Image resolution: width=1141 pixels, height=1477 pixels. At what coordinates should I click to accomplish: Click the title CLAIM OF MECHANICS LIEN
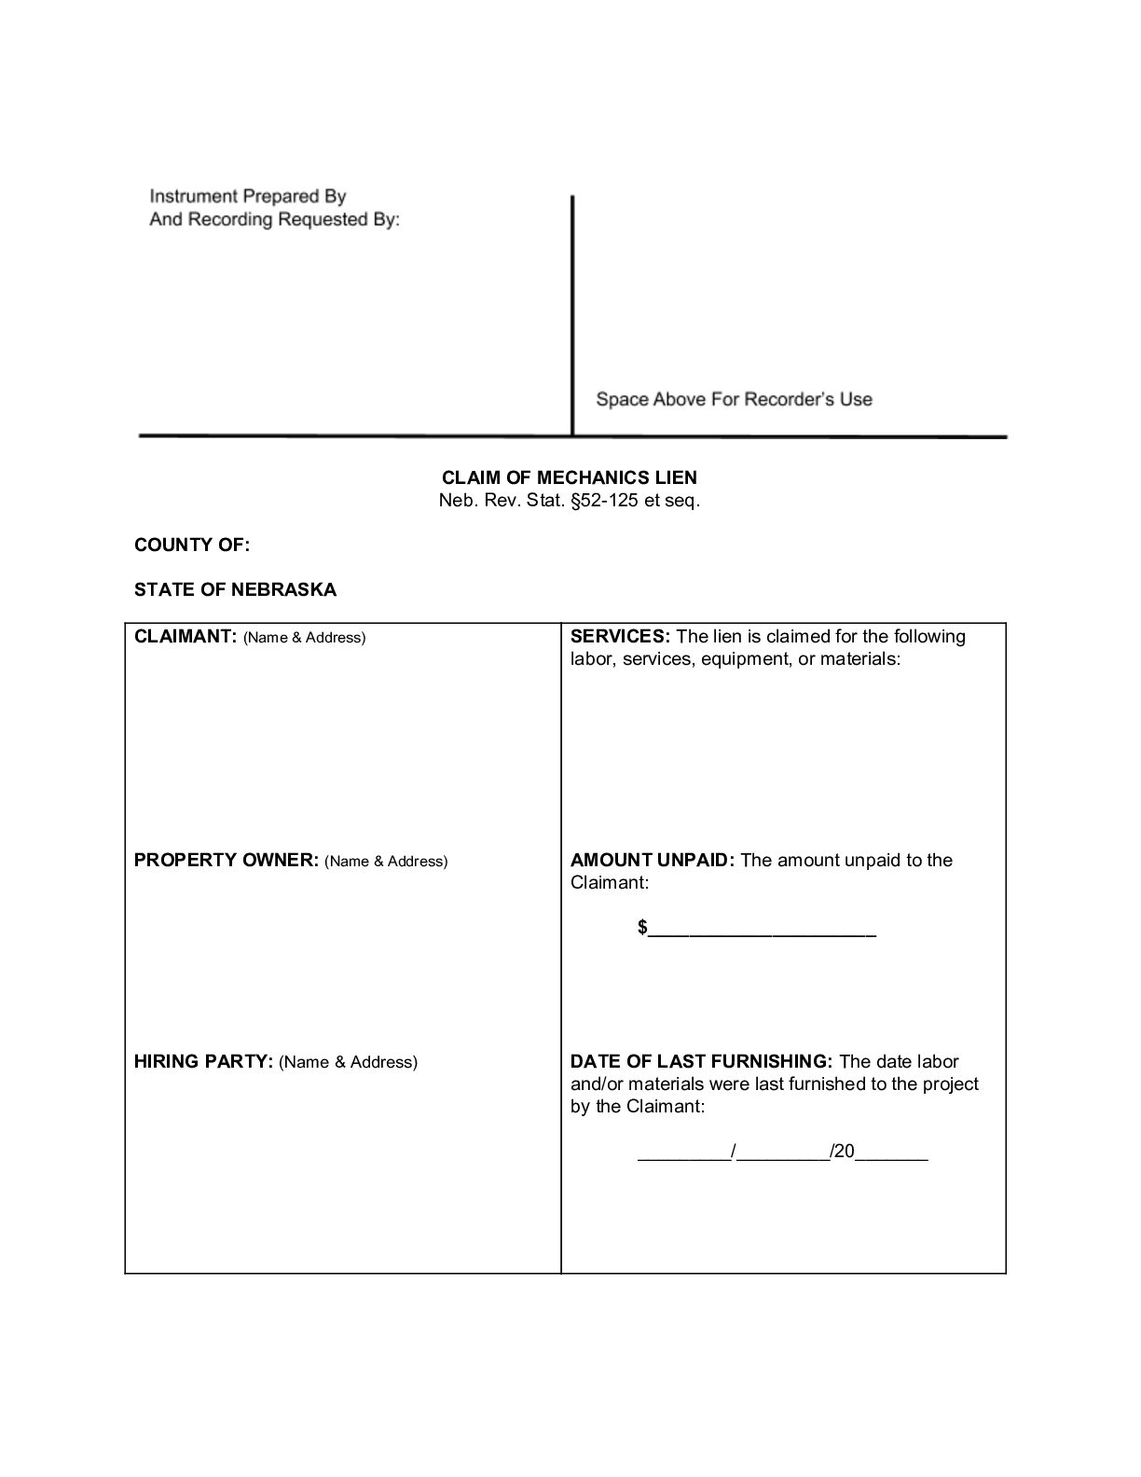(570, 477)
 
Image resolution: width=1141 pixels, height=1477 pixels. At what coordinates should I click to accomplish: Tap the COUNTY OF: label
(192, 545)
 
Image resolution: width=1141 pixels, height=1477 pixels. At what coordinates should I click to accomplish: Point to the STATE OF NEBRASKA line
(235, 589)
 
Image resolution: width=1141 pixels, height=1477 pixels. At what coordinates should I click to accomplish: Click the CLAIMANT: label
(186, 637)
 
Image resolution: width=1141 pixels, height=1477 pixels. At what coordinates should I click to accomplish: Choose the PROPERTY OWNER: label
(227, 861)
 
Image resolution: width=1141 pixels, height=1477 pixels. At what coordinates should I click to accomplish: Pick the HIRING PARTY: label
(203, 1062)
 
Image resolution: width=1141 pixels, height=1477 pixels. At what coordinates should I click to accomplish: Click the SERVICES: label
(620, 637)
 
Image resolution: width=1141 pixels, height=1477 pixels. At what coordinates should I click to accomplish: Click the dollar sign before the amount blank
(643, 928)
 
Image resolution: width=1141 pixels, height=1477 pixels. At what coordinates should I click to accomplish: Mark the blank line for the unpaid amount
(763, 931)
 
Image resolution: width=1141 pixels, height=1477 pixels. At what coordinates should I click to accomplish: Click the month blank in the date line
(684, 1153)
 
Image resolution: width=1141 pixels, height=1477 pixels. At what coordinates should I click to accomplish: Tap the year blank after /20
(892, 1153)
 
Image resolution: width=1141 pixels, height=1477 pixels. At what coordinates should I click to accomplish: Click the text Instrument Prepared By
(248, 197)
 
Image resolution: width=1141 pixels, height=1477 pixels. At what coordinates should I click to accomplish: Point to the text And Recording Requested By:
(275, 220)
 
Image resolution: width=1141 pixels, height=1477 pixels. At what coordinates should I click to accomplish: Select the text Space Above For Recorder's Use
(734, 399)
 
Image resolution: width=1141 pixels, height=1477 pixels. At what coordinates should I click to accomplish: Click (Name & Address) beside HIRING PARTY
(348, 1062)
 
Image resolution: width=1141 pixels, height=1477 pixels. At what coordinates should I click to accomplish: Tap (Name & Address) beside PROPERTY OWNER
(386, 862)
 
